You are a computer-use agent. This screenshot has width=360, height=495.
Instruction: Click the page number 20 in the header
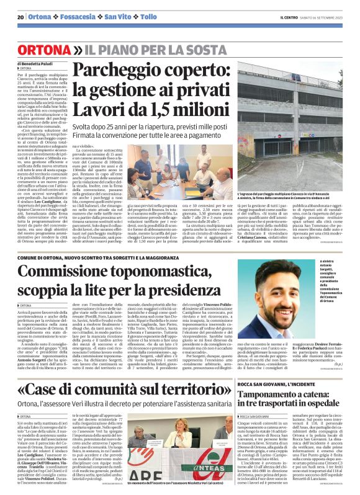coord(20,17)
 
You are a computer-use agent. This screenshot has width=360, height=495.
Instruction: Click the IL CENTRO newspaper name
coord(289,17)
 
